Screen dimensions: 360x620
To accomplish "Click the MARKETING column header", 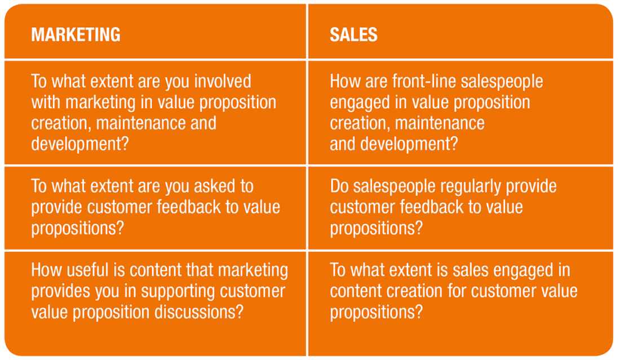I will pyautogui.click(x=76, y=35).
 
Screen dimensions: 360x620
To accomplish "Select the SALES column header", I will pyautogui.click(x=353, y=35).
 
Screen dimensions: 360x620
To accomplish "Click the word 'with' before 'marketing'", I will pyautogui.click(x=46, y=103).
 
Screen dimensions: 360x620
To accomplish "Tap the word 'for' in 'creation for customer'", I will pyautogui.click(x=449, y=291).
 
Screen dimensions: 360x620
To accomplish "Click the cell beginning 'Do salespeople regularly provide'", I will pyautogui.click(x=460, y=207).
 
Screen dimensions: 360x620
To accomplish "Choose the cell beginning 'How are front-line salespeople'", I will pyautogui.click(x=460, y=113).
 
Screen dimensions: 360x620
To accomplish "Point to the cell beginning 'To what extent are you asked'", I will pyautogui.click(x=156, y=207).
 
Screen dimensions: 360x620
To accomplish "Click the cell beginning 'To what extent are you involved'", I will pyautogui.click(x=156, y=113).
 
